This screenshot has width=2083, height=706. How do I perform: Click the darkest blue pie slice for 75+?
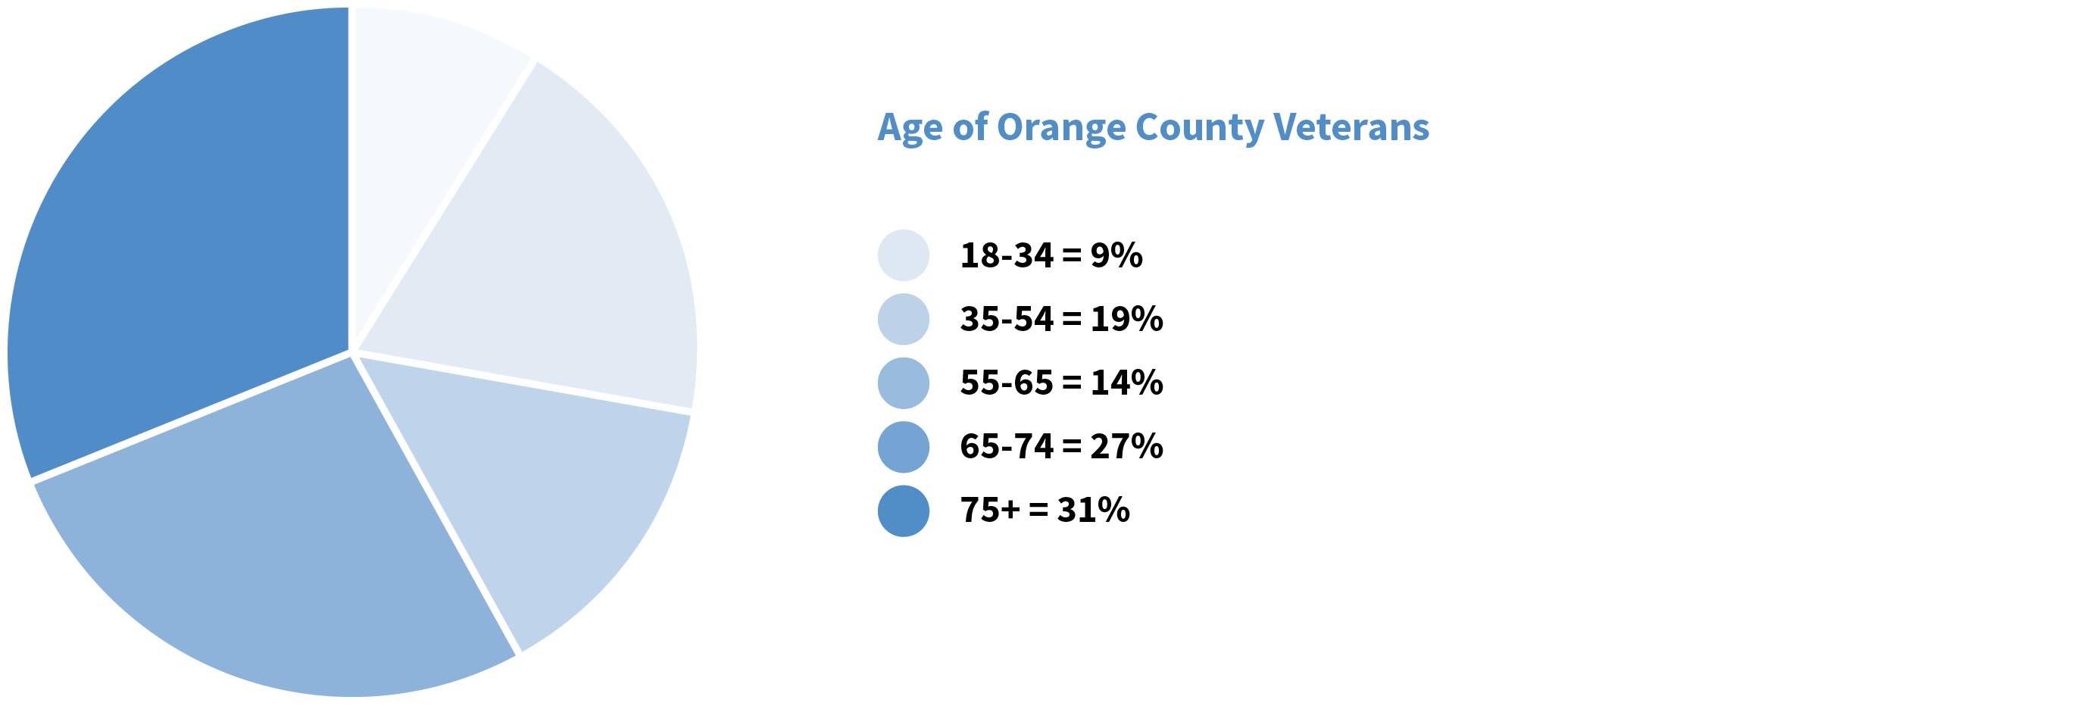(x=178, y=242)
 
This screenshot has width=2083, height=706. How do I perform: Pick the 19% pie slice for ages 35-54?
(x=550, y=259)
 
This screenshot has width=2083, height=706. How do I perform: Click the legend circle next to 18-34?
(x=903, y=255)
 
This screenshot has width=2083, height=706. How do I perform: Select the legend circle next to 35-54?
(x=903, y=320)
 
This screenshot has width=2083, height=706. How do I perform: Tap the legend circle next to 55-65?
(x=903, y=383)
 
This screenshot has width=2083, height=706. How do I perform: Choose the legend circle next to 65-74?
(x=903, y=447)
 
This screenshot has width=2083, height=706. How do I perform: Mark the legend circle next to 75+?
(x=903, y=511)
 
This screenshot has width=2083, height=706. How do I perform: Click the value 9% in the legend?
(x=1116, y=255)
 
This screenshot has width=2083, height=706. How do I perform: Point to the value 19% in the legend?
(x=1126, y=320)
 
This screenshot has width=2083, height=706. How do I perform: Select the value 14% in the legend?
(x=1126, y=383)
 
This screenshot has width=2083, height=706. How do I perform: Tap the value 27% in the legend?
(x=1126, y=447)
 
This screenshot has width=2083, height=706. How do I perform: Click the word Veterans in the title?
(x=1351, y=128)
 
